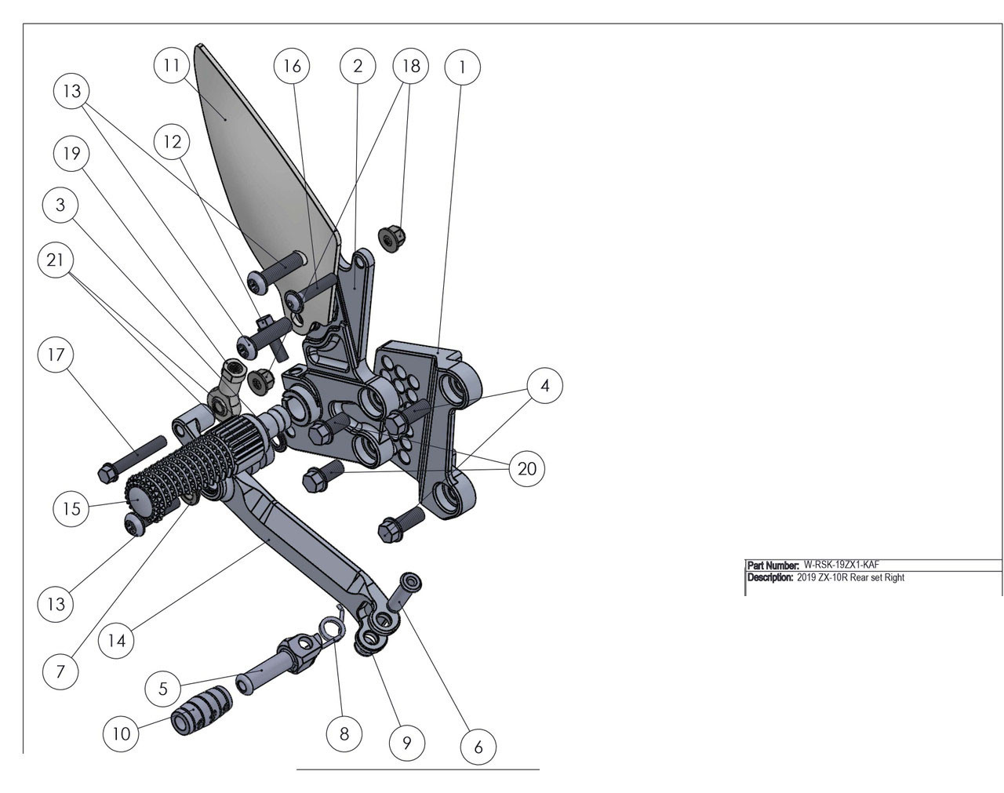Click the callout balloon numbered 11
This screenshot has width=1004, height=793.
(172, 65)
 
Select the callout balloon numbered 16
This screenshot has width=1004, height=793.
(292, 66)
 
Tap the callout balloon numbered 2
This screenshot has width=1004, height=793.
(358, 66)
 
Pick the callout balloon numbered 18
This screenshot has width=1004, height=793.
(411, 66)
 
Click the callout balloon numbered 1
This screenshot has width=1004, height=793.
(462, 67)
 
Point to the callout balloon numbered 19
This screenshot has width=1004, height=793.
(71, 153)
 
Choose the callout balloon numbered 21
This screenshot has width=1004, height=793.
(55, 260)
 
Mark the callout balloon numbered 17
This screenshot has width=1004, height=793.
(56, 355)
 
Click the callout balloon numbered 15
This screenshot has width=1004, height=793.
(71, 508)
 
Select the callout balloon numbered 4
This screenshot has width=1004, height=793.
(544, 385)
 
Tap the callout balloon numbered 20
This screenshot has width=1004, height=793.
(527, 468)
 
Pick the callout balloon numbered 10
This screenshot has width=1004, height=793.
(121, 733)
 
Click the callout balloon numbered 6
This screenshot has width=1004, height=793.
(478, 747)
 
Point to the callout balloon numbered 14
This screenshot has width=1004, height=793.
(116, 640)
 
